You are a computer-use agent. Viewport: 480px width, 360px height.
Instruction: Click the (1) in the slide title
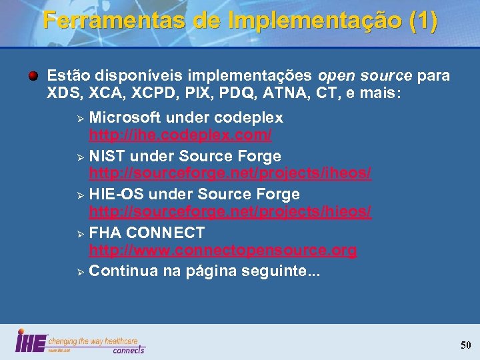424,20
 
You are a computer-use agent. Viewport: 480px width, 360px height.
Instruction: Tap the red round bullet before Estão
32,75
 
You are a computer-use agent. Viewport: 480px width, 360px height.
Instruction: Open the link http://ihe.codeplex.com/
181,135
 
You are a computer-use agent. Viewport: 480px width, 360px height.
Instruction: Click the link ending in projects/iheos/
230,173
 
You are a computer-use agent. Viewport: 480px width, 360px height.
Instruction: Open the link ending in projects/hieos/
230,212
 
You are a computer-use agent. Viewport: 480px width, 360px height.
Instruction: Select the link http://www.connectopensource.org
223,251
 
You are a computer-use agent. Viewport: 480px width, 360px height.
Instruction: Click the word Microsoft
125,118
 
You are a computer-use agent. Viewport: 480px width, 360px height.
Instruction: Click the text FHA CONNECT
147,233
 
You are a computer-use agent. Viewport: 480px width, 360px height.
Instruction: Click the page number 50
465,345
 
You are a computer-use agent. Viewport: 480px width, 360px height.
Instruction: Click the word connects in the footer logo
128,349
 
